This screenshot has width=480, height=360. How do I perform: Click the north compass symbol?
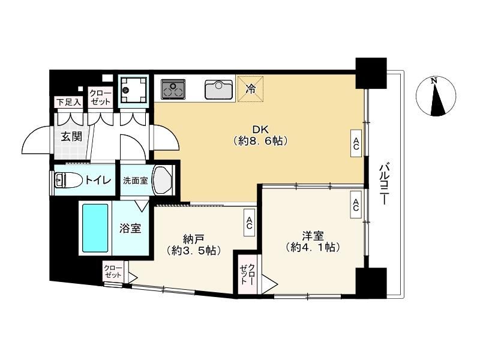click(x=436, y=95)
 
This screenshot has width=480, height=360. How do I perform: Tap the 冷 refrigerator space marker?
click(x=250, y=89)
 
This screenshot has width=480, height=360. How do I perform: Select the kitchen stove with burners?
click(x=173, y=89)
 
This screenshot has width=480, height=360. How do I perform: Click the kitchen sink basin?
click(x=219, y=89)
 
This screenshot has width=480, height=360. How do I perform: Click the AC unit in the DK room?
click(x=356, y=143)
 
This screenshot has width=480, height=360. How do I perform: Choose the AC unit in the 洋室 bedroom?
click(x=356, y=205)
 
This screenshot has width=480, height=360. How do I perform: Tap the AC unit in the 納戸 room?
click(x=249, y=223)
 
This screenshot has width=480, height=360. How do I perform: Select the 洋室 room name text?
click(x=313, y=236)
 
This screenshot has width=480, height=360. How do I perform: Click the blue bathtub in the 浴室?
click(x=95, y=228)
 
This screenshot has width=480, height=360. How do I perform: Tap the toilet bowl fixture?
click(x=68, y=180)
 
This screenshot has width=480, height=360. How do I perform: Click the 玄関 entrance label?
click(x=71, y=137)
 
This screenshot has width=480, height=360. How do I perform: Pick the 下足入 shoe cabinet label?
click(x=69, y=102)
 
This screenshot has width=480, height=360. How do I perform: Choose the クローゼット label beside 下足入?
click(x=101, y=98)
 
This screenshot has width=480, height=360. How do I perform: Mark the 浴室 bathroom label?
click(x=130, y=229)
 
